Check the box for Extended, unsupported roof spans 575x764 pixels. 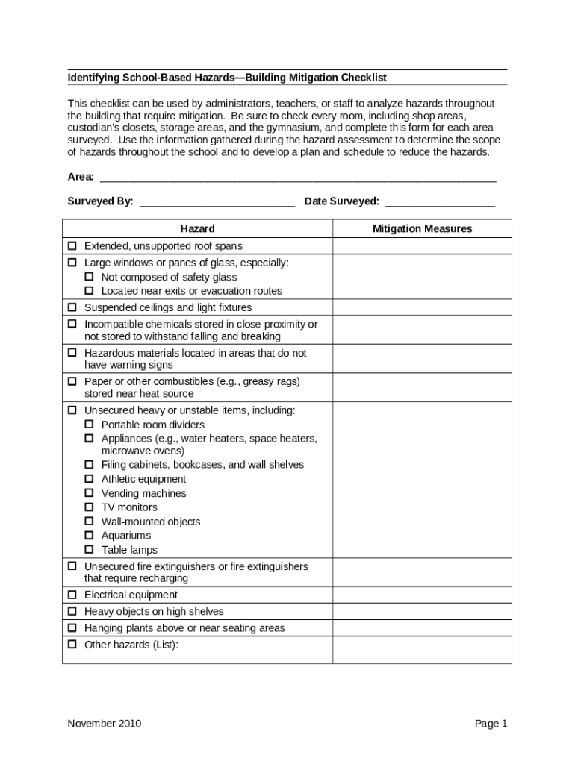[72, 246]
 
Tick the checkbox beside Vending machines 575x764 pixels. [89, 493]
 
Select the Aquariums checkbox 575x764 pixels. [89, 536]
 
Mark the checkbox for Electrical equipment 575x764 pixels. [72, 595]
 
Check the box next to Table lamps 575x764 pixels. [89, 550]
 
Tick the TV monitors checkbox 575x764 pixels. [89, 507]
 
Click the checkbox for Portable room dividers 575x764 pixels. [89, 425]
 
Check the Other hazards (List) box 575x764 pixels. [72, 645]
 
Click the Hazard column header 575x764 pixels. [197, 229]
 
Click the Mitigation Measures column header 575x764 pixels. [422, 229]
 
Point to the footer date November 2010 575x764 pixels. [105, 724]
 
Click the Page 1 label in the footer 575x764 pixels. [491, 724]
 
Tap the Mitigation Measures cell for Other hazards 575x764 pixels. [422, 650]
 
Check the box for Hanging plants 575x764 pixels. [72, 628]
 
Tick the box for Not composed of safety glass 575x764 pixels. [89, 278]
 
